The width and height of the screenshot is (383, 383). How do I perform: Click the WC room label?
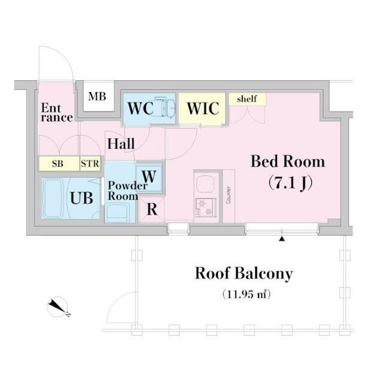141,108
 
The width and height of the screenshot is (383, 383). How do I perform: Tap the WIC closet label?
202,109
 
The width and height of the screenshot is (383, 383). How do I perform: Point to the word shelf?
247,99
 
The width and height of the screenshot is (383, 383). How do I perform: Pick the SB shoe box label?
57,163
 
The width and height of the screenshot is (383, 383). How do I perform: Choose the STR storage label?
90,163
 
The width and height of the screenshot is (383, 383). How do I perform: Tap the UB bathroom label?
82,197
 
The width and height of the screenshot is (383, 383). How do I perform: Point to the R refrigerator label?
153,210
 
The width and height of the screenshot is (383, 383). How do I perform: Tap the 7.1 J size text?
287,183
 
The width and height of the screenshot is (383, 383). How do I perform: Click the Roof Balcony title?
244,274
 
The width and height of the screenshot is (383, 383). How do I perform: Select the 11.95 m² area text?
244,294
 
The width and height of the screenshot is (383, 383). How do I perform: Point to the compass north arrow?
59,308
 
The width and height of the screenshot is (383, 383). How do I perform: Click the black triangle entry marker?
281,239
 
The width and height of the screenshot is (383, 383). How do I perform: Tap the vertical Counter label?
229,194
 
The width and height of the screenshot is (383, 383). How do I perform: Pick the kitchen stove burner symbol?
206,209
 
